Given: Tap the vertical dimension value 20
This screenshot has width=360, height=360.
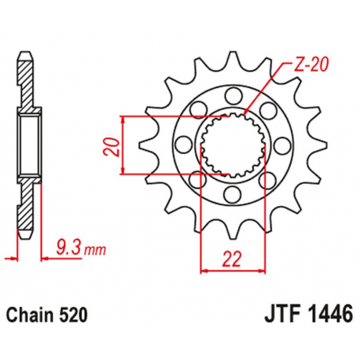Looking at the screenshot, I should [x=115, y=146].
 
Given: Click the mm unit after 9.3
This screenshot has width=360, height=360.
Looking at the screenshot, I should [x=94, y=251].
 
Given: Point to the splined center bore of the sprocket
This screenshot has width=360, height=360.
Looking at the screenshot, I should [x=230, y=145].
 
